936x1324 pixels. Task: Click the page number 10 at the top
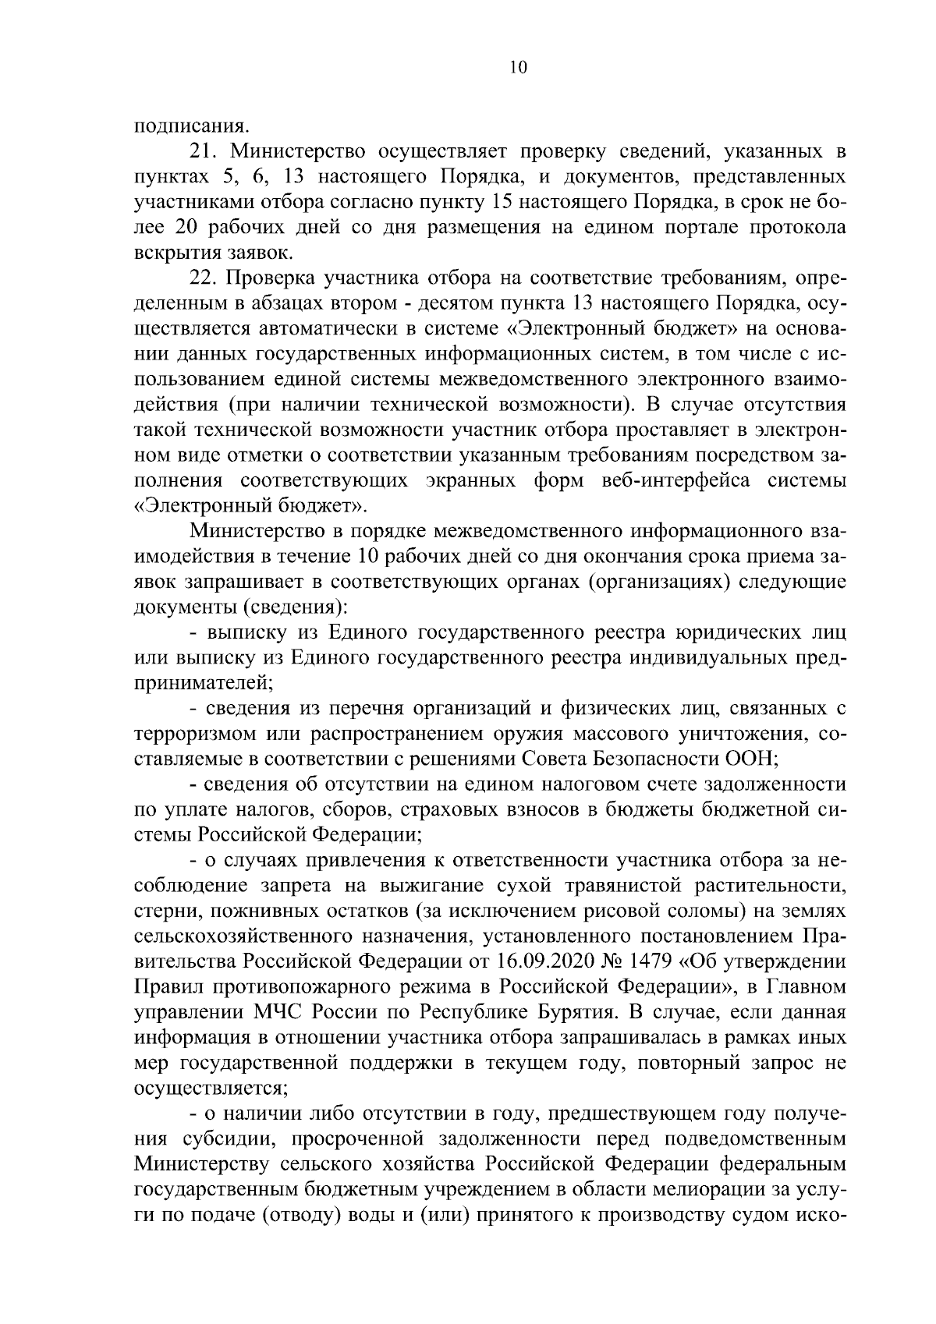(x=519, y=67)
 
